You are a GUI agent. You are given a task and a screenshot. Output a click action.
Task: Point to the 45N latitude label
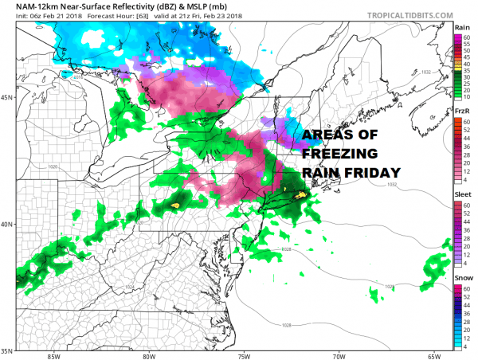pos(8,98)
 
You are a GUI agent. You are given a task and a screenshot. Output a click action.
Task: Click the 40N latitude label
pos(8,224)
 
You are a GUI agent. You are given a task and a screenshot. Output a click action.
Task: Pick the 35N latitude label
pos(8,350)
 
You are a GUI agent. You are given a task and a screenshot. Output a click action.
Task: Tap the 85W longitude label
pos(55,356)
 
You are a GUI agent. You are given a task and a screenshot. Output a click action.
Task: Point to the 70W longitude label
pos(340,356)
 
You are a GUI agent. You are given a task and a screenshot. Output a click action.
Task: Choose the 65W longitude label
pos(434,356)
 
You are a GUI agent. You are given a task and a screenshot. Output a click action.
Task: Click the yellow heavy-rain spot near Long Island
pos(300,194)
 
